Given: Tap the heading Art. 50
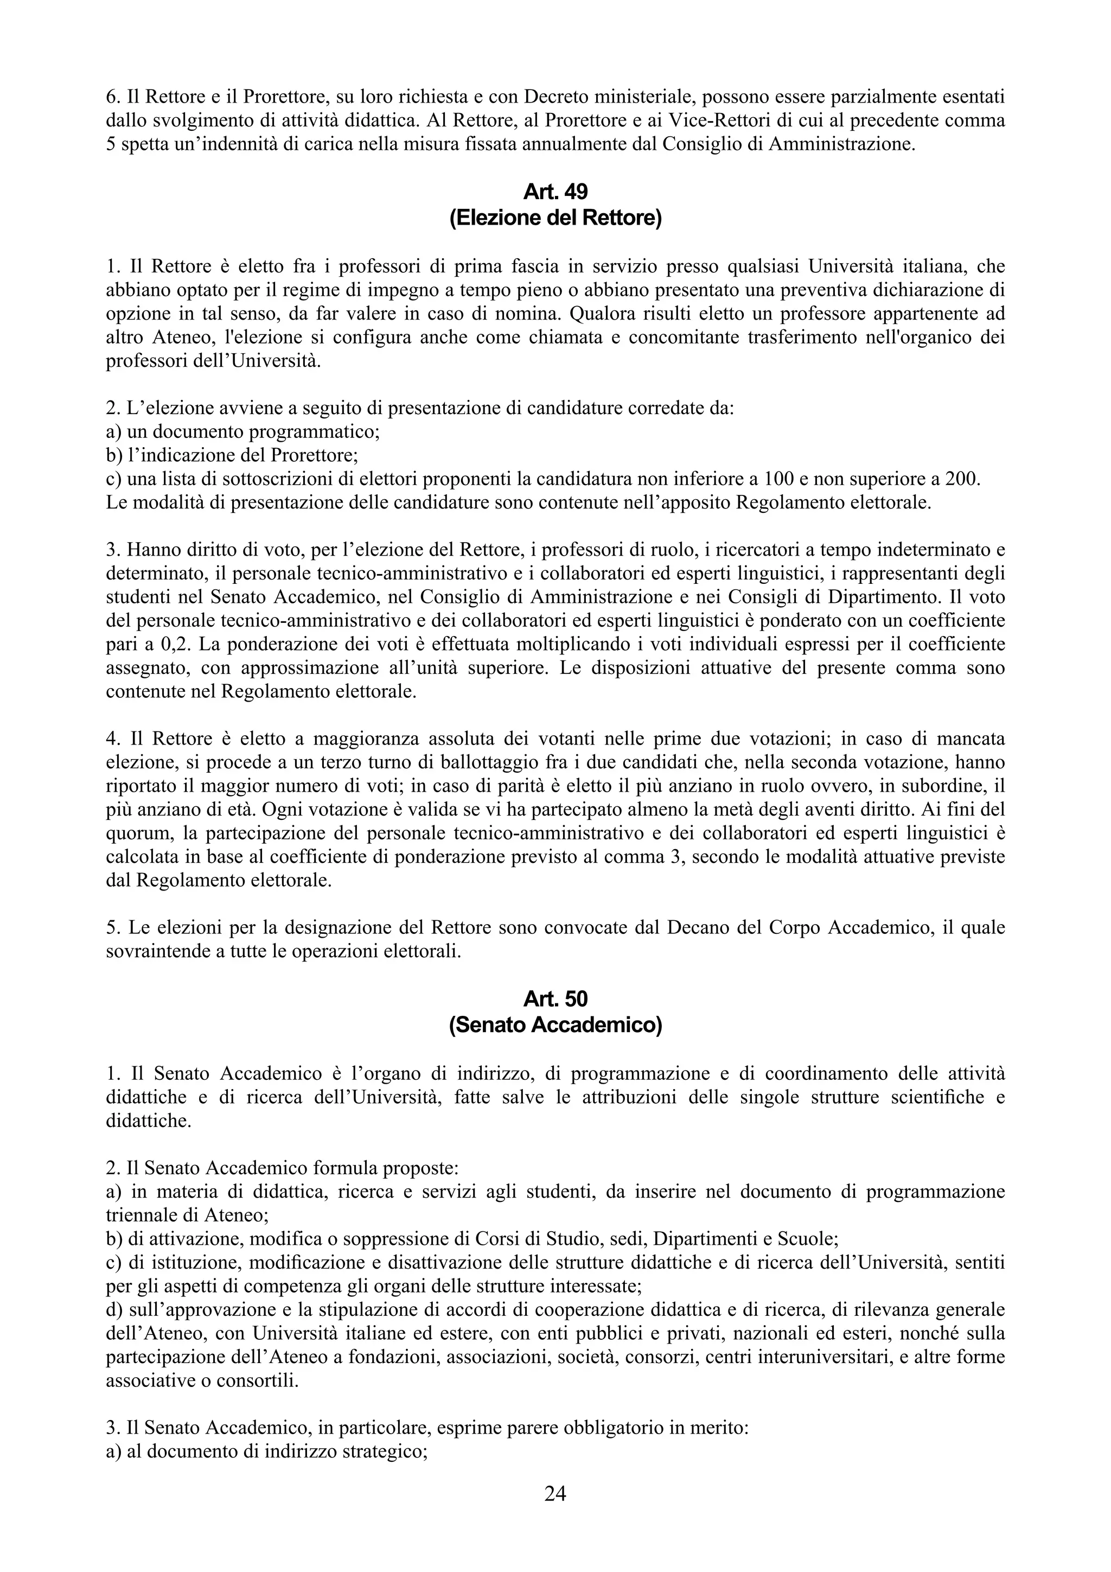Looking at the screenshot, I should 555,999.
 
